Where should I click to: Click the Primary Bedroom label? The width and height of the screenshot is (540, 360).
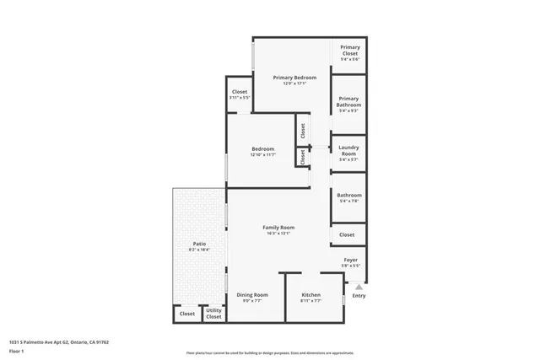(294, 78)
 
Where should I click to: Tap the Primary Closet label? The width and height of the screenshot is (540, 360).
(350, 51)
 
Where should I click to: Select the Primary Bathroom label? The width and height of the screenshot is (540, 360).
(348, 102)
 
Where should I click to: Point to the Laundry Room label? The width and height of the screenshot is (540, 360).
(348, 151)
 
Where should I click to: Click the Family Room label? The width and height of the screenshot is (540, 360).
(278, 228)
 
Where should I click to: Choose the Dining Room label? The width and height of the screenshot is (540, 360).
(251, 294)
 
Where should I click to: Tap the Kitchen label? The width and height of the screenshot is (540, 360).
(311, 294)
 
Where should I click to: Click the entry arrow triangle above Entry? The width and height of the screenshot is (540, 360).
(359, 287)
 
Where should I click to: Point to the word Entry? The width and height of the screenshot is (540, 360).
(359, 296)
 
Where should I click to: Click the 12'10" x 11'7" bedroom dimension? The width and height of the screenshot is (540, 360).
(262, 155)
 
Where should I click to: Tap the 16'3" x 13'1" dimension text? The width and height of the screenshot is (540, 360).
(278, 234)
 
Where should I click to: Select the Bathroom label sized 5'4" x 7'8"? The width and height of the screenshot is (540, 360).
(348, 195)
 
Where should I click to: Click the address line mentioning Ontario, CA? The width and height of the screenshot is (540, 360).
(59, 342)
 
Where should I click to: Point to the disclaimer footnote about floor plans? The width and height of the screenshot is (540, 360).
(270, 352)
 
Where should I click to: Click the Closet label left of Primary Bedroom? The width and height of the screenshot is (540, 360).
(240, 91)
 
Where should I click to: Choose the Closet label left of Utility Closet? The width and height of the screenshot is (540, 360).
(186, 314)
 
